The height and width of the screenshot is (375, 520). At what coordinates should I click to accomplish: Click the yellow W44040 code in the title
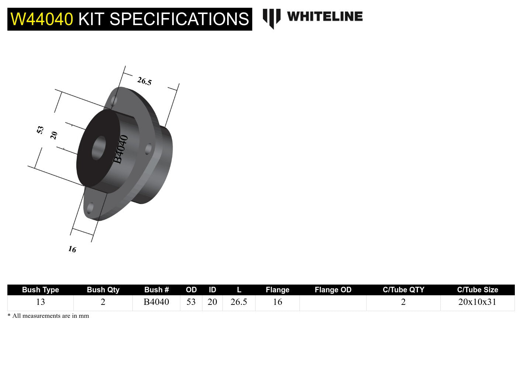(x=42, y=19)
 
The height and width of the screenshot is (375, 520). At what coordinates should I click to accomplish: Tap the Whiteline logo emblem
(x=271, y=18)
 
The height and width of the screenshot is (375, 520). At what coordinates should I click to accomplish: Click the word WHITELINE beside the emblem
(x=325, y=17)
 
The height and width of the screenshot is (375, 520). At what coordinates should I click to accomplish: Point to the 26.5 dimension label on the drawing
(x=144, y=81)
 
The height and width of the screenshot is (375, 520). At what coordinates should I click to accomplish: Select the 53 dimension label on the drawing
(x=40, y=130)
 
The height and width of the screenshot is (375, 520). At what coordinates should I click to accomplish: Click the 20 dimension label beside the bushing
(x=54, y=135)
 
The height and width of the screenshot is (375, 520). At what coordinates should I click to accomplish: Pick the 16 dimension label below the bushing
(x=72, y=250)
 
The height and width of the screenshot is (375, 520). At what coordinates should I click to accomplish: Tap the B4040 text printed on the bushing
(x=121, y=149)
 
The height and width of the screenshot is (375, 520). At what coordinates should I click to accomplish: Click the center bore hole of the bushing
(x=98, y=148)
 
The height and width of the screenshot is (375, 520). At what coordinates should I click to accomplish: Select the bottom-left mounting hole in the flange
(x=90, y=208)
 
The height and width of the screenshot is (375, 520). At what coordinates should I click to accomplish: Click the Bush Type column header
(x=41, y=290)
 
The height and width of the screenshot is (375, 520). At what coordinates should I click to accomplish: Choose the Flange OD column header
(x=333, y=290)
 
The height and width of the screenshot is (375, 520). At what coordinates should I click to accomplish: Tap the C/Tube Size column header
(x=477, y=290)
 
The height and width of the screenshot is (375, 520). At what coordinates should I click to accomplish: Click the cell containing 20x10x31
(x=477, y=302)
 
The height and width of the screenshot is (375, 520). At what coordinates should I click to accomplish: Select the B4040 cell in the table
(x=156, y=302)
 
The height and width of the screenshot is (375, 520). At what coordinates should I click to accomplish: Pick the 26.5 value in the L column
(x=239, y=302)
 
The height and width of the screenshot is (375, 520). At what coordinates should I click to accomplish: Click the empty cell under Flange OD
(x=333, y=303)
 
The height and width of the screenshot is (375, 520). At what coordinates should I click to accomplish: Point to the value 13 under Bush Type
(x=41, y=302)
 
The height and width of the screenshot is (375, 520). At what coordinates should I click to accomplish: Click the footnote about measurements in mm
(x=48, y=316)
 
